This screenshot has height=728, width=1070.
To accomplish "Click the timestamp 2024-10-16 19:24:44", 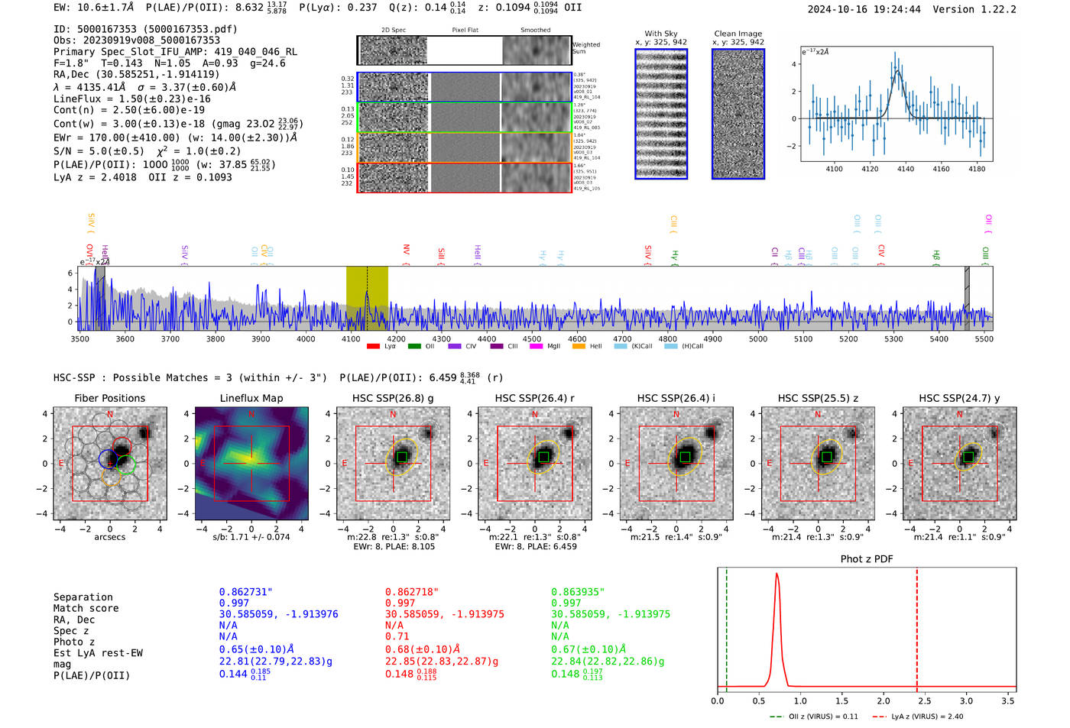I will click(864, 10).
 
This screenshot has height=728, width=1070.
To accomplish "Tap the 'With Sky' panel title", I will click(660, 34).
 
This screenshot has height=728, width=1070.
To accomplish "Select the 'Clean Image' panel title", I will click(738, 34).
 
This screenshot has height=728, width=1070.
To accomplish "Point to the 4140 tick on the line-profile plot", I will click(906, 169).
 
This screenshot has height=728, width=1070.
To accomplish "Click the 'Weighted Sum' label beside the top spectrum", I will click(585, 48).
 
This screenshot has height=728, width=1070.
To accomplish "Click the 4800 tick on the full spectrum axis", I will click(667, 339).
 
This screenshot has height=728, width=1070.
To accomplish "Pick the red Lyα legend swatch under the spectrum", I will click(373, 347).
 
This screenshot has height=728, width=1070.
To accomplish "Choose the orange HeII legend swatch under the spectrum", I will click(579, 347).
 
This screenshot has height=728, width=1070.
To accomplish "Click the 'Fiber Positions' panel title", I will click(109, 398).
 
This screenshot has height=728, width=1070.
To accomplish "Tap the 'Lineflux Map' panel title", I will click(251, 398).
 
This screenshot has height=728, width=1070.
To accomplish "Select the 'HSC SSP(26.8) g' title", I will click(392, 398).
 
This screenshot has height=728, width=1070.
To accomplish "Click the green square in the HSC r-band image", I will click(543, 457).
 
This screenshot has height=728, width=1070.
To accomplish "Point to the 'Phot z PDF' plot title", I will click(866, 559).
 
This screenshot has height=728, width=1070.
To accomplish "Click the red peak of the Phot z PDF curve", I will click(777, 574).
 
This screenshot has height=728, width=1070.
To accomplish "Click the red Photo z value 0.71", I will click(397, 636).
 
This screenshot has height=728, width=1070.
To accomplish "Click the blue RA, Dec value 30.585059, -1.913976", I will click(278, 614).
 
